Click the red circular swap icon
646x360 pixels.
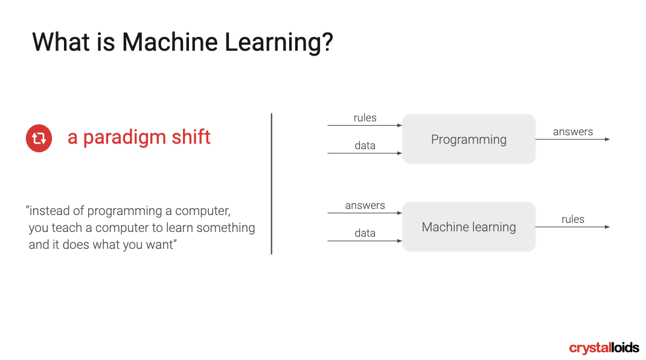click(x=39, y=138)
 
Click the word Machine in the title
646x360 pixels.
click(x=170, y=42)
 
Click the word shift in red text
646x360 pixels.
click(x=191, y=137)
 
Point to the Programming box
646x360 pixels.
click(x=469, y=139)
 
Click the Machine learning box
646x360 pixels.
click(x=469, y=227)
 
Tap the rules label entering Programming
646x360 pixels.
click(x=365, y=118)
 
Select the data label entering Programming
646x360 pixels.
click(x=365, y=146)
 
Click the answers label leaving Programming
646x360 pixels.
click(x=573, y=132)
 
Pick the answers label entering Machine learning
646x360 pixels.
click(x=365, y=205)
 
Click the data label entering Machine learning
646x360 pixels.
click(x=365, y=233)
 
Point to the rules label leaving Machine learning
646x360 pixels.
click(x=573, y=219)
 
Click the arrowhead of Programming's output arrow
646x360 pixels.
click(x=608, y=140)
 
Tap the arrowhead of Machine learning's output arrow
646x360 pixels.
click(x=608, y=227)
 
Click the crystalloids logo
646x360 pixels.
click(x=604, y=348)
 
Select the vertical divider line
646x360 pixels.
click(x=272, y=184)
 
